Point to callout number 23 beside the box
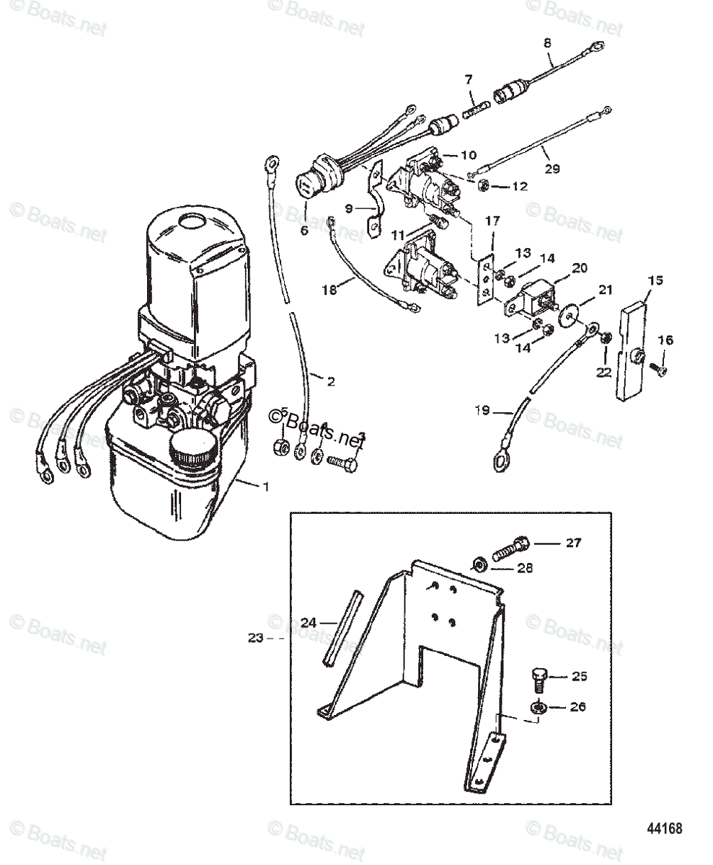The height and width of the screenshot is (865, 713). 255,637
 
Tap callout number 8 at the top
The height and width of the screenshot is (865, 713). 547,43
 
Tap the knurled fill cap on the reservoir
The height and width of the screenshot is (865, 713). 191,451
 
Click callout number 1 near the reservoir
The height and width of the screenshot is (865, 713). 266,487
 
